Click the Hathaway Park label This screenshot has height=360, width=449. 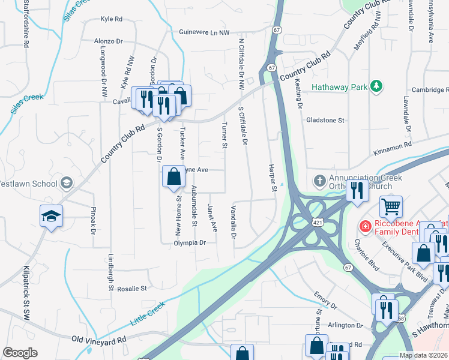tap(339, 87)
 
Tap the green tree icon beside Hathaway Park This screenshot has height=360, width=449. tap(376, 86)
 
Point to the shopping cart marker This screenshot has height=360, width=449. tap(391, 207)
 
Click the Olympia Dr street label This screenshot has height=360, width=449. tap(190, 243)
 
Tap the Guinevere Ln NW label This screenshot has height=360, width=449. tap(204, 32)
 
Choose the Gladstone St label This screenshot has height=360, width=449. tap(325, 120)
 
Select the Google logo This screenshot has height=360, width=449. tap(20, 353)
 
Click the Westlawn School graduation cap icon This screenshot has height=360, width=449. tap(67, 182)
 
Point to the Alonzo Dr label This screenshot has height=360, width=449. tap(108, 42)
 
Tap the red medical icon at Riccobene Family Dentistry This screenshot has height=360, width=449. tap(364, 227)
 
